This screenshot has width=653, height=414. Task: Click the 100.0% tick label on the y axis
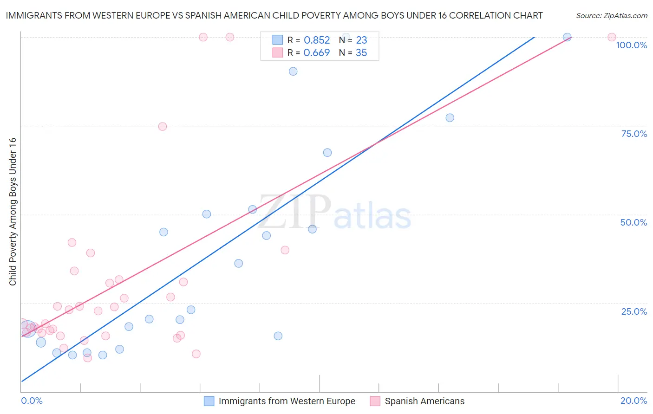point(631,45)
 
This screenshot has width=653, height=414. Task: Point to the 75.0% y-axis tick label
point(634,134)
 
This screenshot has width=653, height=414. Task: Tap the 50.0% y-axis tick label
point(633,222)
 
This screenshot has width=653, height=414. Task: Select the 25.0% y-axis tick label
point(634,311)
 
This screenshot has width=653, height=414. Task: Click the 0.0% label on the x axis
point(32,401)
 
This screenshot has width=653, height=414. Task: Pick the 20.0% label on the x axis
point(633,401)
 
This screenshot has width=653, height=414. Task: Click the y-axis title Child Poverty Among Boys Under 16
point(13,212)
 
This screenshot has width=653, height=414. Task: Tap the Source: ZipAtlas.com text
point(611,16)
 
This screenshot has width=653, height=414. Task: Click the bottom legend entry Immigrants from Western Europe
point(287,401)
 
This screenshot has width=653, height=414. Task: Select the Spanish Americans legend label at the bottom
point(424,401)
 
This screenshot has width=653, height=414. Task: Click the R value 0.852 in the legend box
point(317,40)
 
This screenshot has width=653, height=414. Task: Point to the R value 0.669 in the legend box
point(316,53)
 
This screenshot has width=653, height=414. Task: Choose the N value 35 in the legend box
point(361,53)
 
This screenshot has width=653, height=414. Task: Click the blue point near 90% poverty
point(293,71)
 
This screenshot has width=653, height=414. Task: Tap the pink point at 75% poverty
point(163,127)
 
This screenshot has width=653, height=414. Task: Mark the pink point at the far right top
point(612,37)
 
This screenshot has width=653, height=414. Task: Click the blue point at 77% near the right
point(450,118)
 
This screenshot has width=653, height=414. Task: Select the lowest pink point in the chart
point(87,358)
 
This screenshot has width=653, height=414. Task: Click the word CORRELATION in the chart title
point(473,16)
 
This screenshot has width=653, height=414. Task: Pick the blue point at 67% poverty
point(327,153)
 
